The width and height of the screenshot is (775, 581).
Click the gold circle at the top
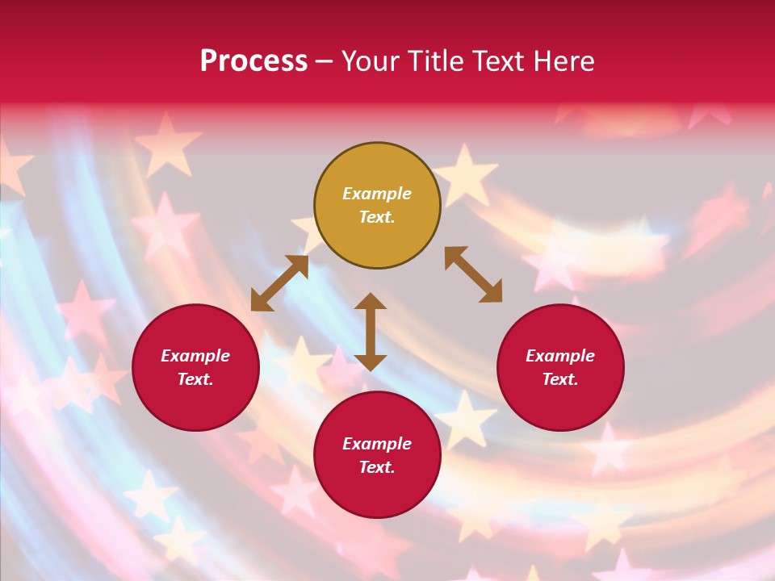[x=377, y=206]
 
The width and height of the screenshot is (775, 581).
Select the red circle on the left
[x=195, y=367]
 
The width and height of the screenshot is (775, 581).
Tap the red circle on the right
[x=560, y=367]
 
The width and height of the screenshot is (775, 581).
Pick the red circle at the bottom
[x=377, y=455]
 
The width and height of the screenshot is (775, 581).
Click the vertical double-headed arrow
[x=371, y=332]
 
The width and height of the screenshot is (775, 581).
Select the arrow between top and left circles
[x=279, y=283]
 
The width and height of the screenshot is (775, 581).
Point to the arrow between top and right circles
[x=473, y=274]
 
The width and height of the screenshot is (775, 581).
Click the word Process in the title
[x=253, y=61]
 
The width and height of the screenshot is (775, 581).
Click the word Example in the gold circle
[x=377, y=194]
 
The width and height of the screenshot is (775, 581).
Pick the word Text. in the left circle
[x=195, y=379]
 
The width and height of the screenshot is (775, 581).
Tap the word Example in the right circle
[x=560, y=356]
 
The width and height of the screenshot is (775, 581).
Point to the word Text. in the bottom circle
[x=377, y=467]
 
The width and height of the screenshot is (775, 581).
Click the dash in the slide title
[x=325, y=62]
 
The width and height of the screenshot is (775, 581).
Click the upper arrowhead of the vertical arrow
[x=371, y=302]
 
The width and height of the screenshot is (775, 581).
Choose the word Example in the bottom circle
[x=377, y=444]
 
